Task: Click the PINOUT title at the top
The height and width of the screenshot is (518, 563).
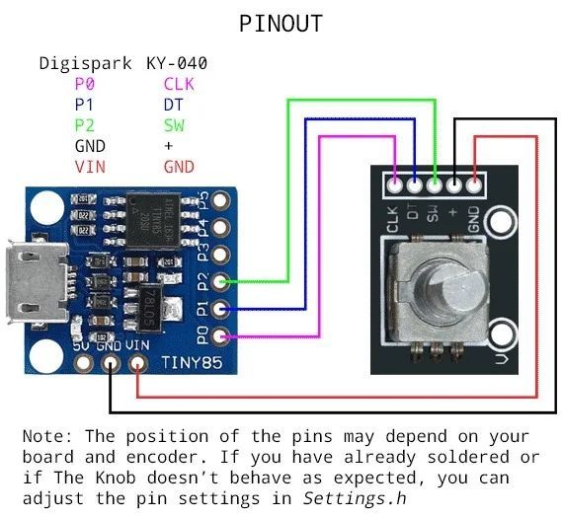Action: point(281,23)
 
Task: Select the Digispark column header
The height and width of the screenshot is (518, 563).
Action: point(85,64)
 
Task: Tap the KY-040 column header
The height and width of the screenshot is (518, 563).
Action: point(177,64)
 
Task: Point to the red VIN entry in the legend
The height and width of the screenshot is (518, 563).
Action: point(90,167)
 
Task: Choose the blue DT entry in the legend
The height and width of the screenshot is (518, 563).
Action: point(173,105)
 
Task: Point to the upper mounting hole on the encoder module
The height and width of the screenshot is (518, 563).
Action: point(502,222)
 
